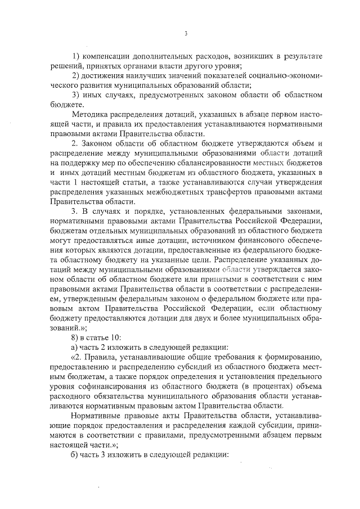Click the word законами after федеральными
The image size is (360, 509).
click(x=304, y=211)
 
